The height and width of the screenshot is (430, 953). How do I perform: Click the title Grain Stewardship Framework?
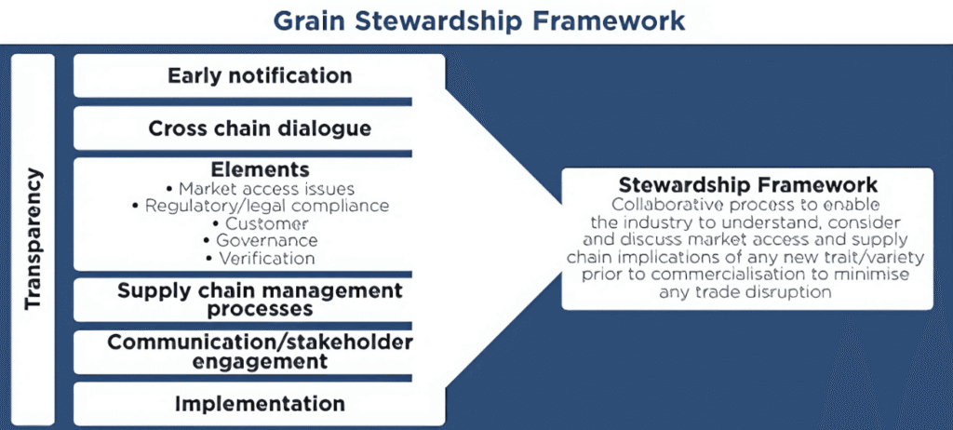(478, 20)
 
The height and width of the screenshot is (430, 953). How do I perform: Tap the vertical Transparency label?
(34, 239)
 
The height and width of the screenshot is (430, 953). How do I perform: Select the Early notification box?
(260, 76)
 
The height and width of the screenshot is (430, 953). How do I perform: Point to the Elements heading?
(260, 168)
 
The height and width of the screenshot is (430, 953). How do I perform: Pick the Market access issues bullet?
(260, 188)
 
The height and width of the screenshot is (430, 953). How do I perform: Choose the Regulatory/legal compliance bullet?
(260, 206)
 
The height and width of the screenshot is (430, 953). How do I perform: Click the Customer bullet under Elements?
(260, 223)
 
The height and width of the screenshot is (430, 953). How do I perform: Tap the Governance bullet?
(260, 241)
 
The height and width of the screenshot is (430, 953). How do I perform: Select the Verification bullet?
(260, 259)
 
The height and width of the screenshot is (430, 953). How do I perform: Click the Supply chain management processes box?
(260, 300)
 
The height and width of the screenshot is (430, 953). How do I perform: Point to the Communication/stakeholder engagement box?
(260, 352)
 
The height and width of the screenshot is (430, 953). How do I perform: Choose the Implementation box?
(260, 404)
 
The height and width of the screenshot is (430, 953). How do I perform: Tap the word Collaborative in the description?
(663, 204)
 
